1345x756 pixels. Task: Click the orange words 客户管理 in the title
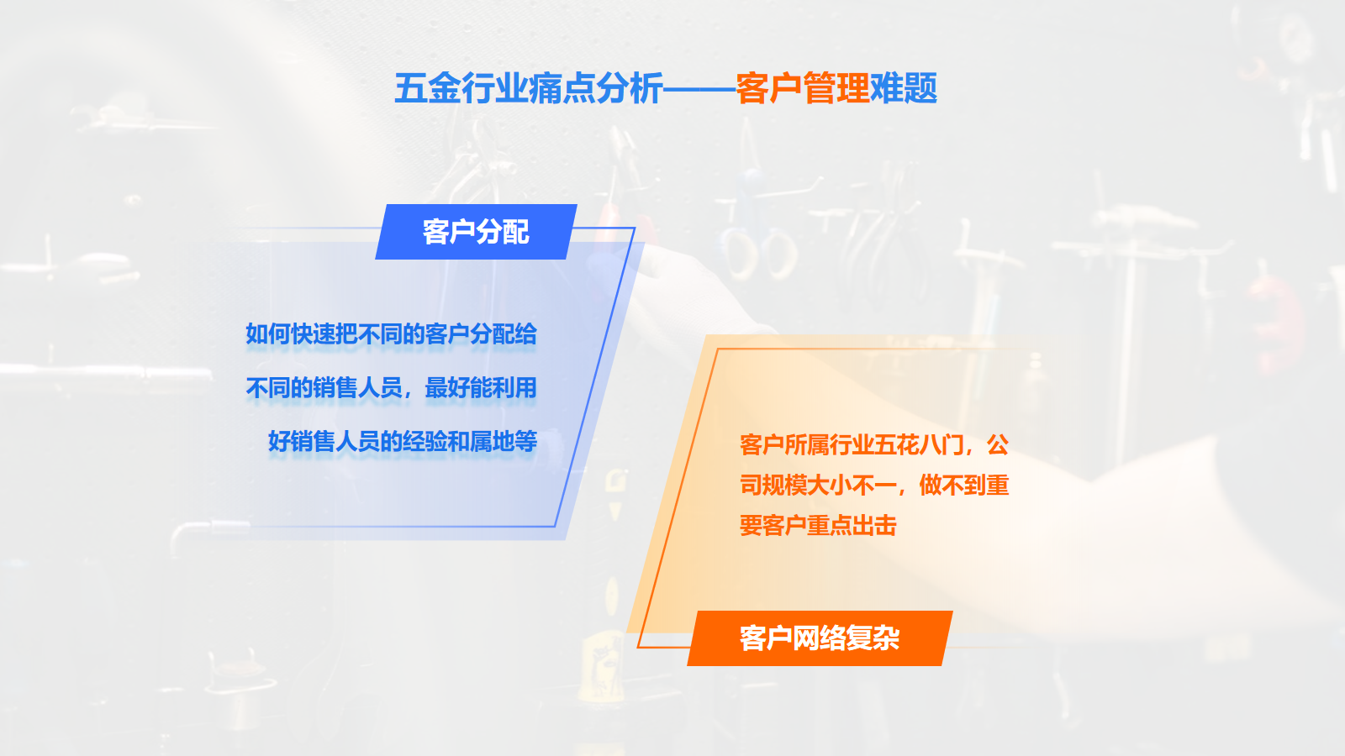[803, 88]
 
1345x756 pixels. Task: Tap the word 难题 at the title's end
[904, 88]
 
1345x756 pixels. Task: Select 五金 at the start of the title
[428, 88]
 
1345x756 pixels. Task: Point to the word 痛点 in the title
[562, 88]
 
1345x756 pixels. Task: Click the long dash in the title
[699, 89]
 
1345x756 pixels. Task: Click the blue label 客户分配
[476, 232]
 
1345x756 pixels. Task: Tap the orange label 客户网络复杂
[820, 638]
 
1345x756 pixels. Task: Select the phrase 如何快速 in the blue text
[290, 334]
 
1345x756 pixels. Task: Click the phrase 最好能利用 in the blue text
[480, 387]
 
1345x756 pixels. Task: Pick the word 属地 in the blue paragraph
[492, 442]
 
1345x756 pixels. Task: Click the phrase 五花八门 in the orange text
[919, 444]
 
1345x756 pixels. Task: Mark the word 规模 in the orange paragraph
[784, 485]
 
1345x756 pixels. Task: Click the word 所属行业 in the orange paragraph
[829, 444]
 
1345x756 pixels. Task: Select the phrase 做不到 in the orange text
[953, 485]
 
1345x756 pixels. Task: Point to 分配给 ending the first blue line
[504, 334]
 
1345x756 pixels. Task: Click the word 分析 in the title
[630, 88]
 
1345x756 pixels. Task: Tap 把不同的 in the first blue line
[379, 334]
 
